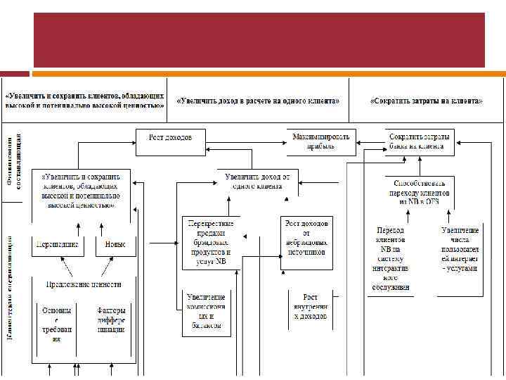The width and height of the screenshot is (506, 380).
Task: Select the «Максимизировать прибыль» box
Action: tap(321, 141)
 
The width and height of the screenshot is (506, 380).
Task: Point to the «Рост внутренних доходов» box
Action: tap(310, 308)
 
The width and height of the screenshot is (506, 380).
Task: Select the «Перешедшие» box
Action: tap(56, 245)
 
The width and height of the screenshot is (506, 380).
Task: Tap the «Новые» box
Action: tap(115, 245)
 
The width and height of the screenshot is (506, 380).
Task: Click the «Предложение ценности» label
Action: tap(84, 284)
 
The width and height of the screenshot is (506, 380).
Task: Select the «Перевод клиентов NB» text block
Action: tap(391, 258)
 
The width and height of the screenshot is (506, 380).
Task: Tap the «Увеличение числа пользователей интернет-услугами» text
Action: tap(460, 249)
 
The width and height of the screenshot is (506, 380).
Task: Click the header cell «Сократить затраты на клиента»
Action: tap(426, 101)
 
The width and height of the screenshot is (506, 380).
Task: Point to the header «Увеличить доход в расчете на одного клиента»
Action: tap(258, 101)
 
